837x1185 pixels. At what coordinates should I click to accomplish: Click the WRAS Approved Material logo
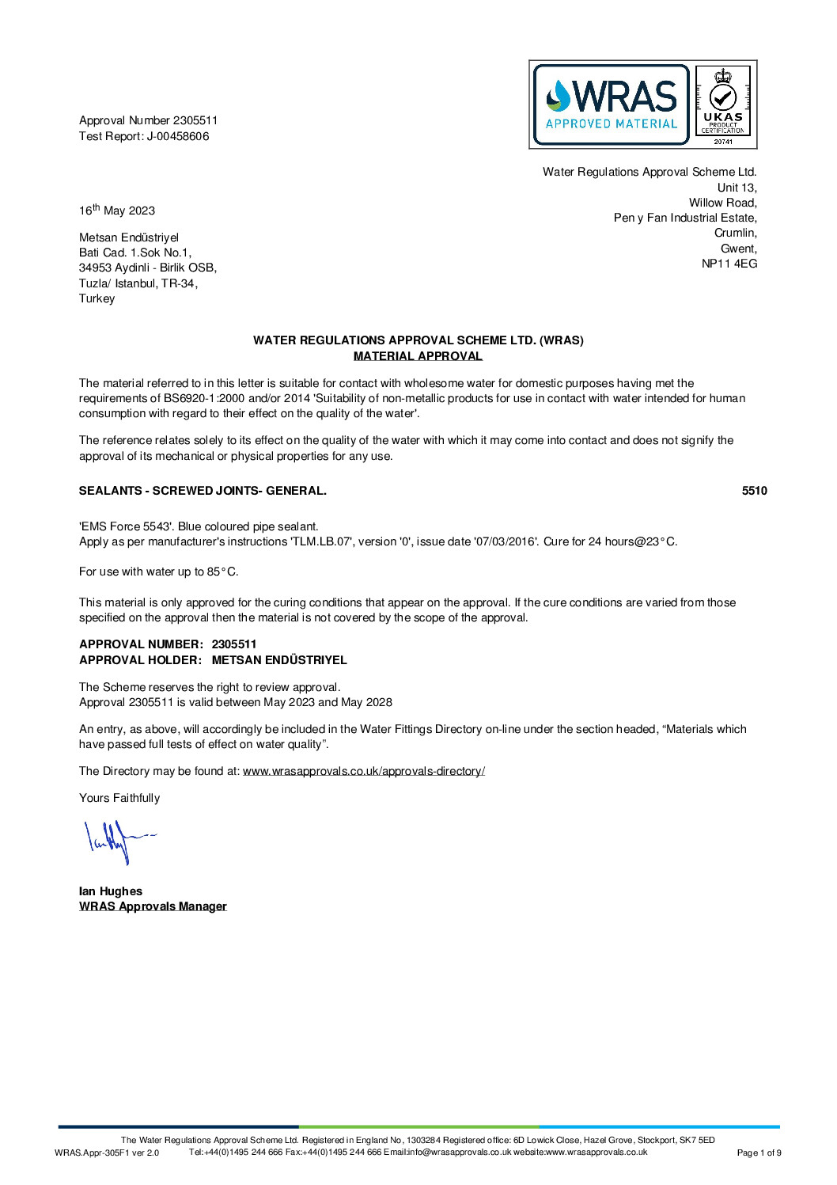click(611, 104)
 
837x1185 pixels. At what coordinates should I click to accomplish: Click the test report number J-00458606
click(178, 136)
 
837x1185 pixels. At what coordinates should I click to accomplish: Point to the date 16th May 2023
click(117, 211)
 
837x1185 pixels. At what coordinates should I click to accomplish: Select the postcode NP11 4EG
click(729, 264)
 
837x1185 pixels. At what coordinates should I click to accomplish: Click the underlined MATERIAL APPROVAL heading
click(418, 356)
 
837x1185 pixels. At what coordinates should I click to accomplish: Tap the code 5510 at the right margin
click(754, 491)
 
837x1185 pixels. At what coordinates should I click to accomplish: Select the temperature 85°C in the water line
click(222, 572)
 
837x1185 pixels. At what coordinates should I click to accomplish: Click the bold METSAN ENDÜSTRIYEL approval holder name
click(279, 660)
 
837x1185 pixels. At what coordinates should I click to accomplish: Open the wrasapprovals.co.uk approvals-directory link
click(363, 771)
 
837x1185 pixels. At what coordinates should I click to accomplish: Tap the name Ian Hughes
click(111, 891)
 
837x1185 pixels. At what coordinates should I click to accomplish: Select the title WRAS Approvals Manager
click(153, 906)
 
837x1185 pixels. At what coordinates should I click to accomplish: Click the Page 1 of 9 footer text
click(759, 1153)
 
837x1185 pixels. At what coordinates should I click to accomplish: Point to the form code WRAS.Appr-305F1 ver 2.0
click(107, 1153)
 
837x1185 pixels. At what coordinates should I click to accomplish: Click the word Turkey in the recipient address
click(97, 298)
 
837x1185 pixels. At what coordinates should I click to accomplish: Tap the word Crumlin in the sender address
click(735, 233)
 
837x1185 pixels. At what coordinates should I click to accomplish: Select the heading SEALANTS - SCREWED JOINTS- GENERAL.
click(203, 491)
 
